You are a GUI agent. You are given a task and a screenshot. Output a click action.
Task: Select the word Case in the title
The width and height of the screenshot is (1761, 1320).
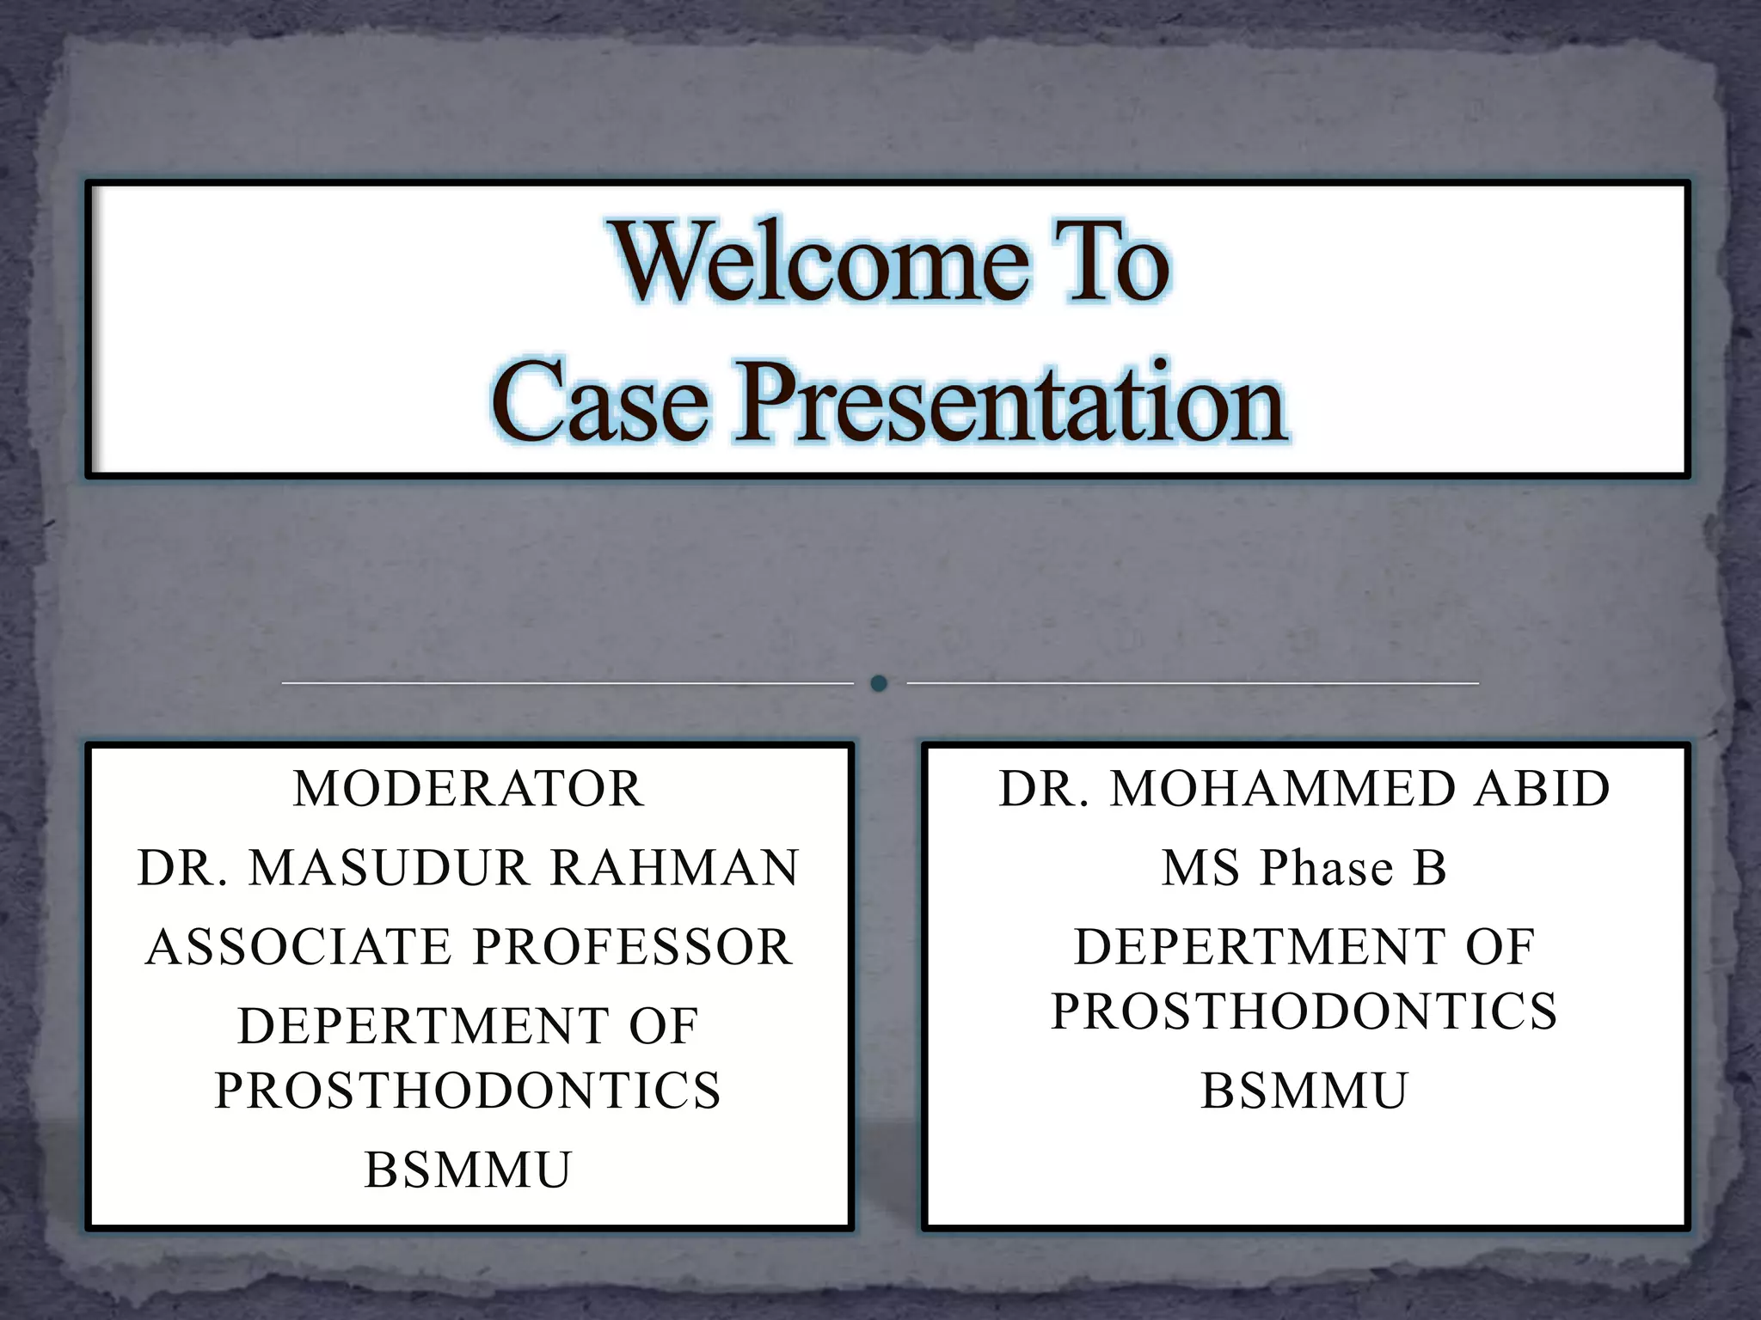[x=600, y=402]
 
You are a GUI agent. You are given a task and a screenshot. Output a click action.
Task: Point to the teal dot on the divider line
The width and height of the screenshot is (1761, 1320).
[x=879, y=683]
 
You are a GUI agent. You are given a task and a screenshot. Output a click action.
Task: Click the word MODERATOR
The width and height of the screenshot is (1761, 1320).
[x=469, y=789]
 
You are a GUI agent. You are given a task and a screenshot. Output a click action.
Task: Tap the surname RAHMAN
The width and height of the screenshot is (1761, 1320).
[x=675, y=868]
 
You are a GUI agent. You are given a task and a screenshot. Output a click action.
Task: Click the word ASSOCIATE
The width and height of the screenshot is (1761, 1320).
[x=299, y=947]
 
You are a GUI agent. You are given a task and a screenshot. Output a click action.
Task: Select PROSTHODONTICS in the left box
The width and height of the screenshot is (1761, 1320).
[x=468, y=1091]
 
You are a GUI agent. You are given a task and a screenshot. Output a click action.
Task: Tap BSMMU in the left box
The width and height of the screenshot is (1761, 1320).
[x=469, y=1170]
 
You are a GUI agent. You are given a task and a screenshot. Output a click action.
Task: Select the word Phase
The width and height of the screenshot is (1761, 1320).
[x=1327, y=868]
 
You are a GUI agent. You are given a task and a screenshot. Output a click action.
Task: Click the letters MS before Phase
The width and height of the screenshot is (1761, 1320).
[x=1201, y=868]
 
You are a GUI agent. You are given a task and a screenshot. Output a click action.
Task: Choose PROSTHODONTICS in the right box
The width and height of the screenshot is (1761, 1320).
[x=1304, y=1011]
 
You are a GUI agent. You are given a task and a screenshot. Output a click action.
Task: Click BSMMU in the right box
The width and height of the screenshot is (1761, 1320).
[x=1304, y=1091]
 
